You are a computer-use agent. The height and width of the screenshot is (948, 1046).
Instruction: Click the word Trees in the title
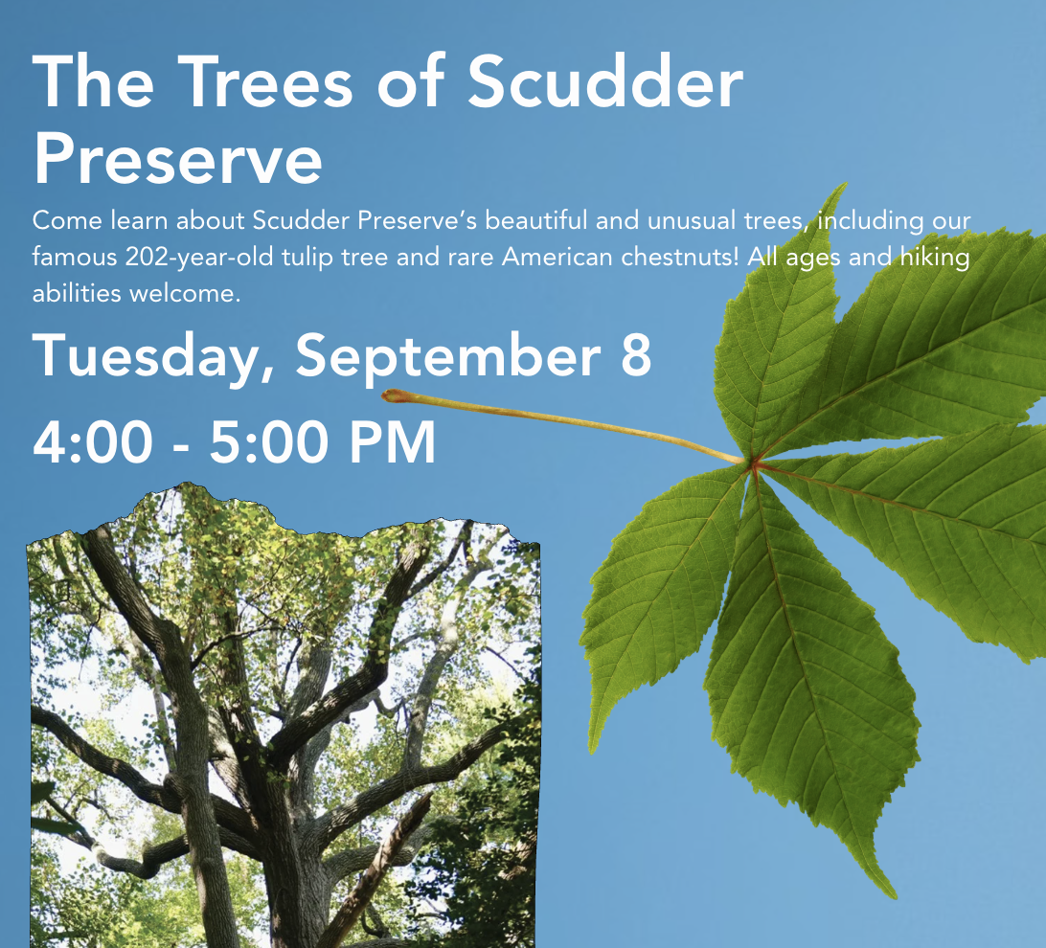pyautogui.click(x=264, y=81)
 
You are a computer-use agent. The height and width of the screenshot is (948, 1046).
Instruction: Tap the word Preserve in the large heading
pyautogui.click(x=177, y=158)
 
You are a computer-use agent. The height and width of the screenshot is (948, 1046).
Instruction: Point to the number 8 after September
pyautogui.click(x=636, y=355)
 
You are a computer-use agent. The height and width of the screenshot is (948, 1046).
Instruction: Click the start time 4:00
pyautogui.click(x=93, y=441)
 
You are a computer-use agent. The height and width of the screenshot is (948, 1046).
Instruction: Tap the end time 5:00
pyautogui.click(x=270, y=441)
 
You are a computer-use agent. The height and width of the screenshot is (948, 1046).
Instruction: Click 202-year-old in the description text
pyautogui.click(x=199, y=258)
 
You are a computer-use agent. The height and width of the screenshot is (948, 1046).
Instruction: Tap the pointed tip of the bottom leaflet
pyautogui.click(x=893, y=895)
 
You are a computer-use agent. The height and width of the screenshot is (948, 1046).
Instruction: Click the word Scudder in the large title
pyautogui.click(x=605, y=81)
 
